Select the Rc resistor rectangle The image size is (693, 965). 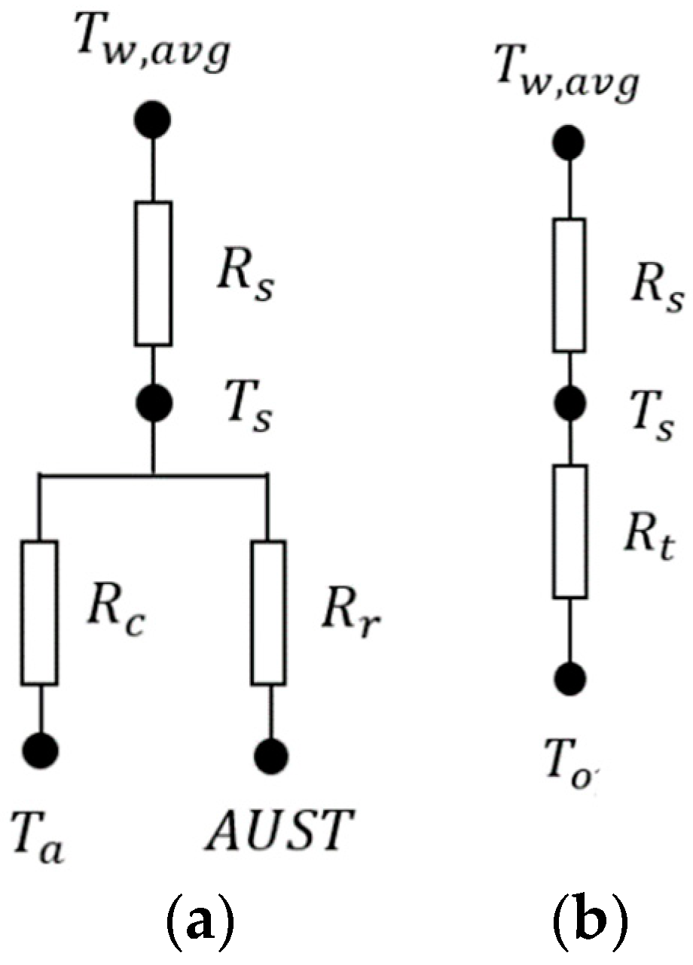(x=39, y=612)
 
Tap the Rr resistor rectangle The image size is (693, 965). (x=268, y=612)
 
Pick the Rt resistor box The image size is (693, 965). (x=569, y=531)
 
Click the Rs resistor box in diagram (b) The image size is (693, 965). (x=569, y=285)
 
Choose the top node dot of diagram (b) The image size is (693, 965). (x=569, y=141)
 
